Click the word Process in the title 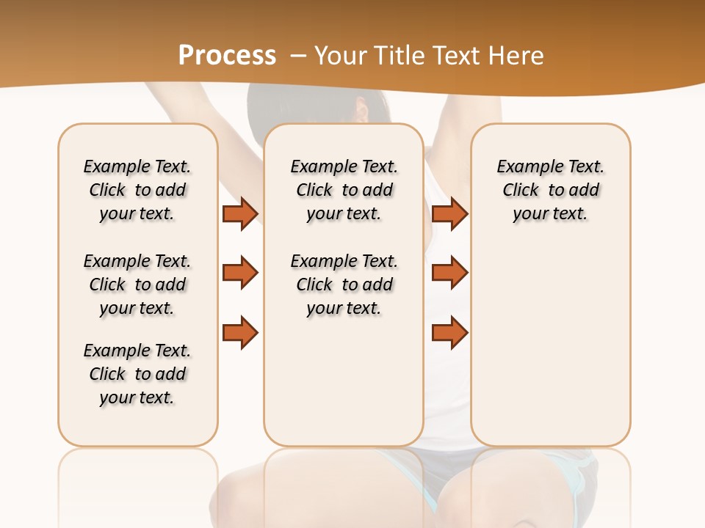coord(227,56)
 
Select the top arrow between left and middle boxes coord(240,213)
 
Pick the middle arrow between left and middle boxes coord(240,273)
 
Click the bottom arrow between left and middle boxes coord(240,332)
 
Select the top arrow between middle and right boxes coord(449,213)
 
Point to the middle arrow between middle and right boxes coord(449,273)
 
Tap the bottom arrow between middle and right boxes coord(449,332)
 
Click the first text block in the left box coord(137,190)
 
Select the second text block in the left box coord(137,285)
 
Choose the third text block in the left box coord(137,374)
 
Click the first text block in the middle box coord(344,190)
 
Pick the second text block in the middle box coord(344,285)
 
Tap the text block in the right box coord(551,190)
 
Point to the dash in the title coord(298,56)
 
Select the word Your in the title coord(340,56)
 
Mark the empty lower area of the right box coord(551,345)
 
